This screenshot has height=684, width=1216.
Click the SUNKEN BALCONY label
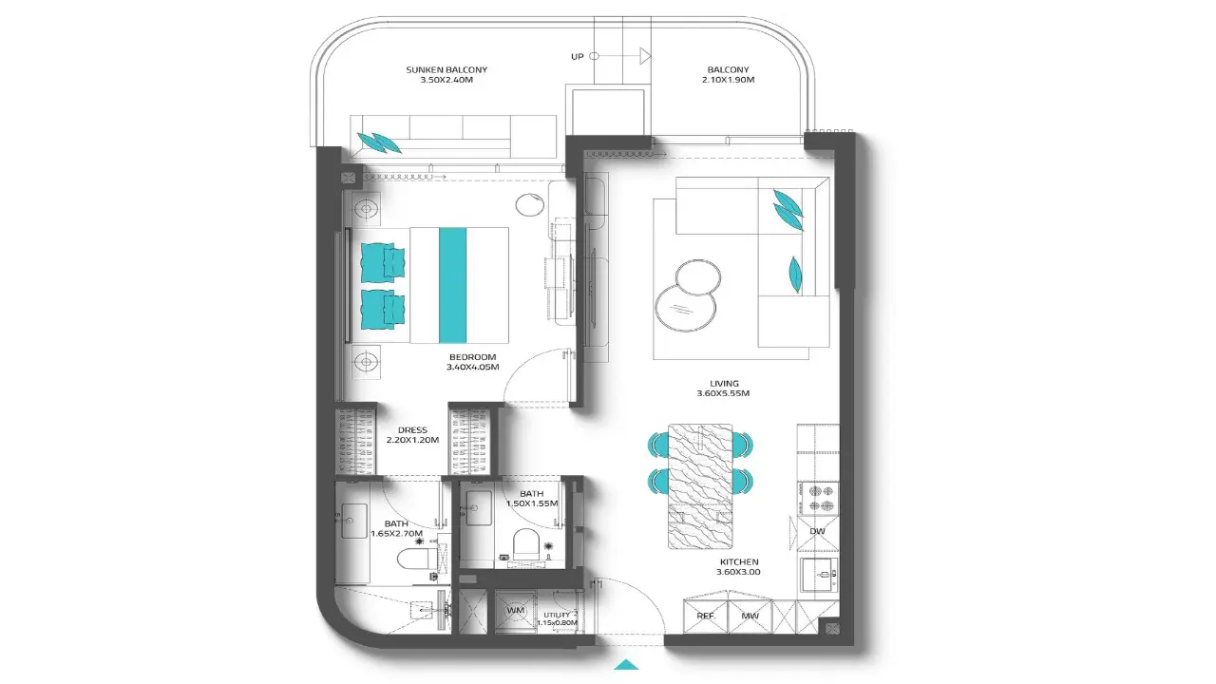point(446,69)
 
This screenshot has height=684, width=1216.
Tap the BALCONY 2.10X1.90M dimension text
point(728,80)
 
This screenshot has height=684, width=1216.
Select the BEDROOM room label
point(472,356)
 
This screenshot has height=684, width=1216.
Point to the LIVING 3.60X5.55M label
point(724,389)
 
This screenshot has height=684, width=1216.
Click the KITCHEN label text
point(739,561)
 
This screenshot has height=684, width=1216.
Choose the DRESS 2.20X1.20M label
point(412,435)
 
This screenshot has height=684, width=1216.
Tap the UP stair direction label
point(577,56)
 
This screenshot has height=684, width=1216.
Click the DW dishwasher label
point(817,531)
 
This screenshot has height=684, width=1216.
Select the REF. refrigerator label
point(706,617)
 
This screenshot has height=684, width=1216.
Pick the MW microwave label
point(750,617)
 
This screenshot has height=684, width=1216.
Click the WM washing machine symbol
point(515,611)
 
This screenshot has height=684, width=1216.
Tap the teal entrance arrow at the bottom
point(628,664)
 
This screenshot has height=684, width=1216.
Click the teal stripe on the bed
point(453,285)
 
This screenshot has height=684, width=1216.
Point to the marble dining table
point(700,486)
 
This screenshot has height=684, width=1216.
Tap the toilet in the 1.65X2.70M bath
point(415,559)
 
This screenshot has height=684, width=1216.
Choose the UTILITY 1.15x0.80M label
point(557,618)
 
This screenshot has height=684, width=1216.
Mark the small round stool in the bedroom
point(529,204)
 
